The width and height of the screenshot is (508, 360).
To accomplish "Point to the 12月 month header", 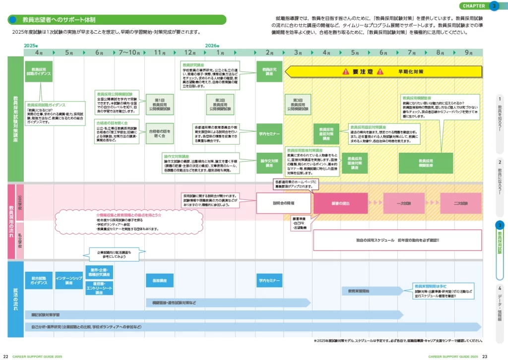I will pos(190,53).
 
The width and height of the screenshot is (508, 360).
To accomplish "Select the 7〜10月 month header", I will pos(129,53).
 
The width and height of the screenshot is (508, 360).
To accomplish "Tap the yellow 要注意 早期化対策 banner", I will pos(383,72).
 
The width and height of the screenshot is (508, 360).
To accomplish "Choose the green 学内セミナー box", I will pos(269,134).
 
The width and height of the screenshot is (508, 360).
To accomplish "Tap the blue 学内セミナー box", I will pos(269,280).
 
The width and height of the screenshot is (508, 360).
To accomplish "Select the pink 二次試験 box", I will pos(461,203).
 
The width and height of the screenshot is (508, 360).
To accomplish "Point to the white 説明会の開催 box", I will pos(283,203).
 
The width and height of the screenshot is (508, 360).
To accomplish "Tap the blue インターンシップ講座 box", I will pos(69,281).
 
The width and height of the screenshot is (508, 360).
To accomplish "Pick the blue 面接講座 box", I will pos(159,280).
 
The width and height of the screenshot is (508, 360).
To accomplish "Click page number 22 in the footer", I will pos(5,356).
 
